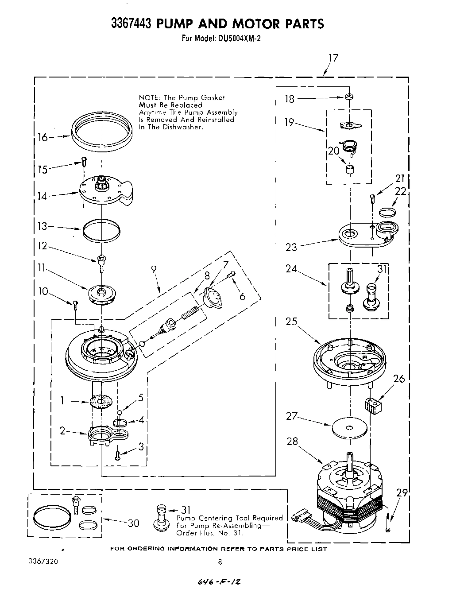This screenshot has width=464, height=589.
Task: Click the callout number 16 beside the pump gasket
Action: point(43,137)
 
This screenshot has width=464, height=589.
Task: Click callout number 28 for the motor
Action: point(292,442)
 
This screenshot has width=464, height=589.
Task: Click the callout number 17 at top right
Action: point(333,58)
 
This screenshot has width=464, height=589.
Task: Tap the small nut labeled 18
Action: point(349,97)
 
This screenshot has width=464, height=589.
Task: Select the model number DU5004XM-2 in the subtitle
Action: point(239,39)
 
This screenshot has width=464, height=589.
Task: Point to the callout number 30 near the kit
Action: point(133,523)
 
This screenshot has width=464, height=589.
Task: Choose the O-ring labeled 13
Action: point(101,230)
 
